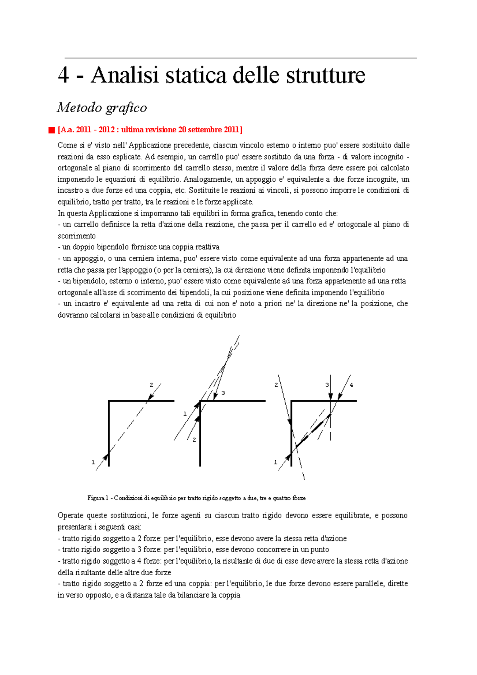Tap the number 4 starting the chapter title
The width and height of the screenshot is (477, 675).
63,75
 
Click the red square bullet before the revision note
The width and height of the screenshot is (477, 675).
51,130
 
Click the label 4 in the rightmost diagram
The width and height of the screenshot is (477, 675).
351,385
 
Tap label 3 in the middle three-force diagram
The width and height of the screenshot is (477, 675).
223,393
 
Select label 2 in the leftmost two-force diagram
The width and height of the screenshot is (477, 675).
151,385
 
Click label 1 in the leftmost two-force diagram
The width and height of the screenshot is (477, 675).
93,462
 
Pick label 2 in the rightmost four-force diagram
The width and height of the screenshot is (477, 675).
276,385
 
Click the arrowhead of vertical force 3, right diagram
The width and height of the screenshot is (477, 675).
331,397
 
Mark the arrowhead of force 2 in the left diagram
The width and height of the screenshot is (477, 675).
150,397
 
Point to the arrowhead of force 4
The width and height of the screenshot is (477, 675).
340,396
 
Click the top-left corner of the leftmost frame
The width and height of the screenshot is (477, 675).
109,401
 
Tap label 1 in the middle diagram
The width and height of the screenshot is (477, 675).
185,414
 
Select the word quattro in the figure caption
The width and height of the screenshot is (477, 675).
281,498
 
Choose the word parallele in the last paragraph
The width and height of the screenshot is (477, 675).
366,584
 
